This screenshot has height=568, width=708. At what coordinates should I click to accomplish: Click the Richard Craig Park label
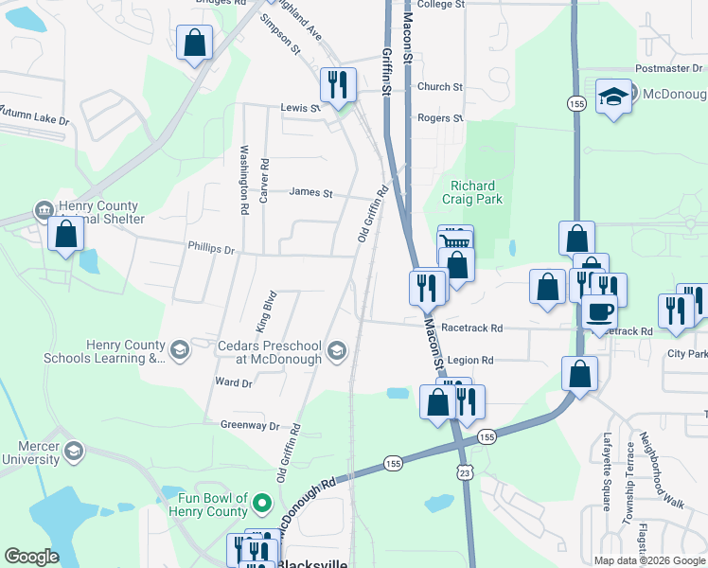click(x=476, y=192)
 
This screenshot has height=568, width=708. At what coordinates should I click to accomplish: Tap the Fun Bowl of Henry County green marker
click(x=264, y=501)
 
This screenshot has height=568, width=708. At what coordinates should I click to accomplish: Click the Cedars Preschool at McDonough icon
click(x=336, y=352)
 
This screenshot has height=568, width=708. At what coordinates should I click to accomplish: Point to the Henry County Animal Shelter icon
click(x=43, y=209)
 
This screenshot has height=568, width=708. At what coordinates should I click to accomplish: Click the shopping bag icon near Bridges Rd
click(x=194, y=43)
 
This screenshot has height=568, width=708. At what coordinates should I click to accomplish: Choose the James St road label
click(x=310, y=193)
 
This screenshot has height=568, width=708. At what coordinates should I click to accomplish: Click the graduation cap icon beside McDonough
click(x=613, y=96)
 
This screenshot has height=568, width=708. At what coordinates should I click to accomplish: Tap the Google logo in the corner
click(x=31, y=557)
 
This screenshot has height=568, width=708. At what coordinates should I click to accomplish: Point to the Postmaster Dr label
click(x=670, y=69)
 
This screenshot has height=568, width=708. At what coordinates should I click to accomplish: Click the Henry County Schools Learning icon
click(x=178, y=352)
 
